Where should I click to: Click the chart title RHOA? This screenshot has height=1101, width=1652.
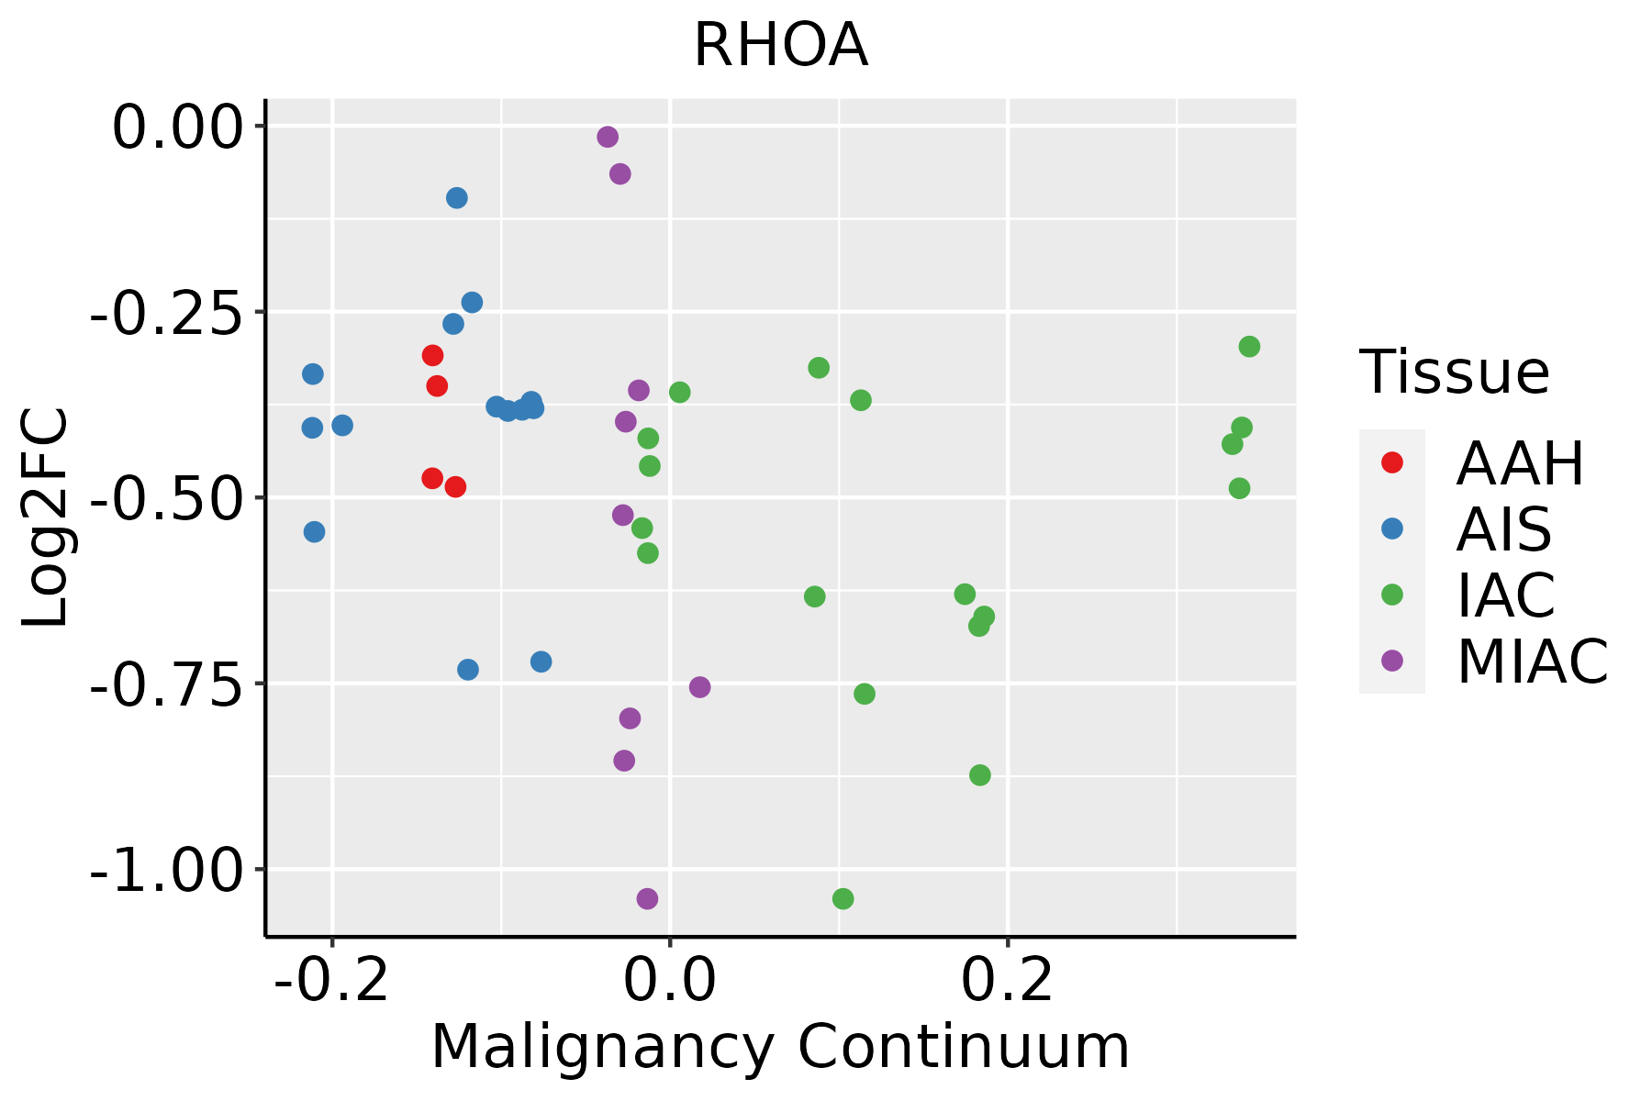pos(780,46)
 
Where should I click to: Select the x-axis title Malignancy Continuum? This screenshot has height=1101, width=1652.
pos(780,1047)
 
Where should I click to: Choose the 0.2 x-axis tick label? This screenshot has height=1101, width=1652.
pos(1008,981)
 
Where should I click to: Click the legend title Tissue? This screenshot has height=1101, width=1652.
pos(1455,373)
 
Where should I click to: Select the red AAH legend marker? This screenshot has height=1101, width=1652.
pos(1392,462)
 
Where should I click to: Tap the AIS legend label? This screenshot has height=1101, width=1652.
pos(1504,529)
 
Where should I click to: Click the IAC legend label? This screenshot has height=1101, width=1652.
pos(1506,595)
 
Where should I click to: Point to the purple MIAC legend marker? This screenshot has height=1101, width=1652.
pos(1392,661)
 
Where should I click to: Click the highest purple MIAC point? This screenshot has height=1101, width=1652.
pos(608,137)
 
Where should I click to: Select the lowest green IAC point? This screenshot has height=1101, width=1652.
pos(843,898)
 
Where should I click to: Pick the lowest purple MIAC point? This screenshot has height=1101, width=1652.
pos(647,898)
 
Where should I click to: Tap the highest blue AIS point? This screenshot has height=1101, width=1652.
pos(456,198)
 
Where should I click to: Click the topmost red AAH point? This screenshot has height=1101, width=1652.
pos(432,355)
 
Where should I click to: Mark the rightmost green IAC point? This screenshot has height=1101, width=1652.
pos(1249,346)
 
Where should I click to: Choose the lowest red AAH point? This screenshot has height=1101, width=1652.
pos(455,486)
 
